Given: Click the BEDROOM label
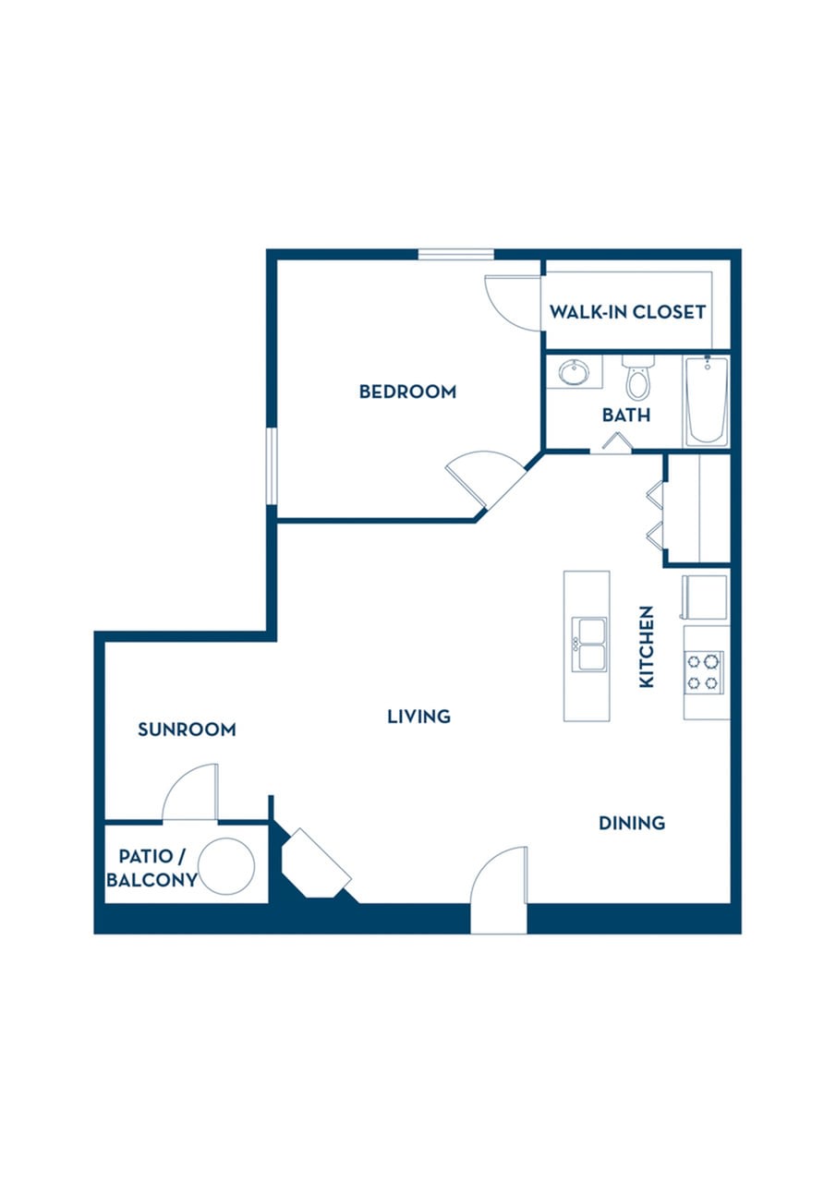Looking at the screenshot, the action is click(407, 392).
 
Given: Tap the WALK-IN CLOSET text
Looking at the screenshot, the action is click(627, 312).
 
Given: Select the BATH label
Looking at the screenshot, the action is click(626, 415).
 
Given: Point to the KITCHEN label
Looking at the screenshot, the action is click(647, 646).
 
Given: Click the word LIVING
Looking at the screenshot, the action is click(419, 716).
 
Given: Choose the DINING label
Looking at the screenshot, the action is click(632, 823).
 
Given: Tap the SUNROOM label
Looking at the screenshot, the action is click(187, 730).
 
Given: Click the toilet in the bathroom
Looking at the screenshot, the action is click(638, 378).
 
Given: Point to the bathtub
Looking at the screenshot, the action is click(707, 402).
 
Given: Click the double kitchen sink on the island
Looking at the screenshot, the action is click(589, 645).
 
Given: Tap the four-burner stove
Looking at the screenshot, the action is click(704, 672).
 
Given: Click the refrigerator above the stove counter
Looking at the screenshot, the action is click(705, 597).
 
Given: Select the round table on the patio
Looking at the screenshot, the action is click(226, 866).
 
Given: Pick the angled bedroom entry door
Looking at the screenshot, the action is click(486, 480).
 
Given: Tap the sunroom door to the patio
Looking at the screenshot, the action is click(190, 792).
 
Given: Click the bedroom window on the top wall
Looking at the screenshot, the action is click(456, 254).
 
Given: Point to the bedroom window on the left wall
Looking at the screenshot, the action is click(272, 466).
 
